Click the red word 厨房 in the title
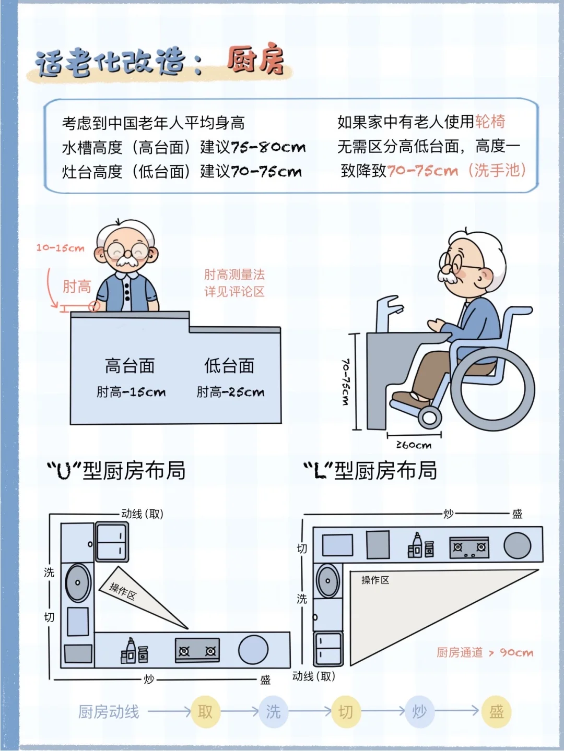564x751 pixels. pos(256,60)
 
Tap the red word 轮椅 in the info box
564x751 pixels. pos(490,122)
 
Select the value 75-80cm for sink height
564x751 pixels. pos(268,147)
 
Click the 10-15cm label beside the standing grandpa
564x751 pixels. pos(60,248)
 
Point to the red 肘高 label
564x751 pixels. pos(77,287)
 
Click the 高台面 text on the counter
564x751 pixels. pos(130,366)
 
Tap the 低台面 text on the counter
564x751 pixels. pos(229,366)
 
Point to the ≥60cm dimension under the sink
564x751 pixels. pos(414,445)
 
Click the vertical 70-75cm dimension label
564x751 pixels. pos(345,382)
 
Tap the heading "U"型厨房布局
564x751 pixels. pos(116,470)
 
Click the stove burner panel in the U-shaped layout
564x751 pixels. pos(197,651)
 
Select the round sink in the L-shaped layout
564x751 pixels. pos(328,580)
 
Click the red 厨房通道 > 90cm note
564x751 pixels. pos(485,652)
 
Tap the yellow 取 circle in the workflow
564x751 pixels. pos(205,711)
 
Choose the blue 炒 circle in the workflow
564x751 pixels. pos(419,711)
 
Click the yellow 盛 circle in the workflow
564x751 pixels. pos(496,711)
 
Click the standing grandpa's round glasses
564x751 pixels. pos(127,250)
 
